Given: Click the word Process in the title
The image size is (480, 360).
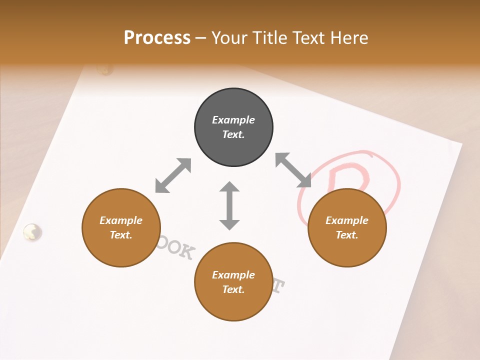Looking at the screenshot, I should point(157,38).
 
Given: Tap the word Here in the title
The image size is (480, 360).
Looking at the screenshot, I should point(348,38).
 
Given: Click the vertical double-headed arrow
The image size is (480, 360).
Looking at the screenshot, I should point(229,205).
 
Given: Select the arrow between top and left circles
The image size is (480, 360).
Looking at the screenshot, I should point(173,175).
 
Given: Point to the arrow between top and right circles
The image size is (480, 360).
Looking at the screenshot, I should point(293,170).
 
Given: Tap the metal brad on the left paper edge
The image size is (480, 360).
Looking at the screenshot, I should point(32,231).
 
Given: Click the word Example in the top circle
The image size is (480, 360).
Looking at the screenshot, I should point(233,120).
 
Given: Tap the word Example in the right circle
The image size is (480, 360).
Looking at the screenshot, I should point(347,220).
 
